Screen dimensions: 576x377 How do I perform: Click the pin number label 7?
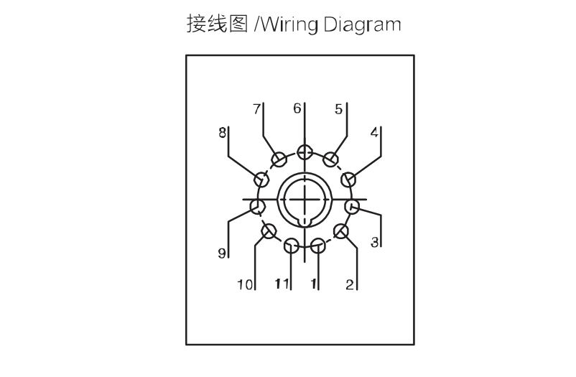tap(257, 109)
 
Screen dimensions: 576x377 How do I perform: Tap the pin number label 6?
tap(297, 108)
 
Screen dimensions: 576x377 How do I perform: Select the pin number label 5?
tap(338, 109)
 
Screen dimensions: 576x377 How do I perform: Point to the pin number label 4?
tap(374, 132)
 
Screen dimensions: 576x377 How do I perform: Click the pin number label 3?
tap(374, 242)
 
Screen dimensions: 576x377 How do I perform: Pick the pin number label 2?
tap(350, 284)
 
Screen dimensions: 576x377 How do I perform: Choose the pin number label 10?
tap(245, 284)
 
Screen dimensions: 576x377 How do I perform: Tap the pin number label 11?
tap(282, 284)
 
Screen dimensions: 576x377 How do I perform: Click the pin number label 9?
tap(222, 253)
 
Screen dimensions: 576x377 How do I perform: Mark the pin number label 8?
tap(222, 133)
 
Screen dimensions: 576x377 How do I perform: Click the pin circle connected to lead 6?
tap(305, 152)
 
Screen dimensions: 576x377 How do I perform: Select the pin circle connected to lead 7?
tap(279, 159)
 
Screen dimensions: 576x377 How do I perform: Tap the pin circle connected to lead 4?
tap(348, 180)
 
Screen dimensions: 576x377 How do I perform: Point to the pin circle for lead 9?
tap(258, 207)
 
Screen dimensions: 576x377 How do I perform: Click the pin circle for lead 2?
tap(341, 231)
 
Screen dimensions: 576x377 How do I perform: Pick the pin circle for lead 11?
tap(292, 246)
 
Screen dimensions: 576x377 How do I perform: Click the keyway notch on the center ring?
tap(305, 221)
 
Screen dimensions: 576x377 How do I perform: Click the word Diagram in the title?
tap(362, 24)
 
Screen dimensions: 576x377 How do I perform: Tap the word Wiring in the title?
tap(289, 24)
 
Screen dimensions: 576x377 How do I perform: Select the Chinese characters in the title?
tap(218, 24)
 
